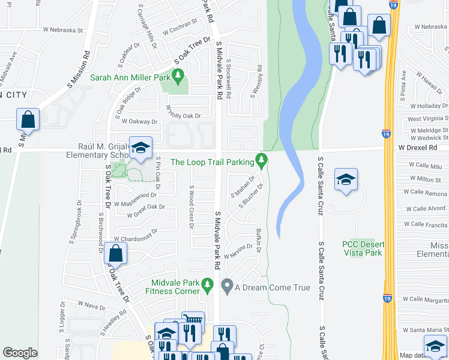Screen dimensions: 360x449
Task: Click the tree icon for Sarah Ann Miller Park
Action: point(177,76)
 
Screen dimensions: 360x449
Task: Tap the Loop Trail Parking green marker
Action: point(261,160)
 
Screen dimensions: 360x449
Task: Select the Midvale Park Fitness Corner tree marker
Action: point(208,284)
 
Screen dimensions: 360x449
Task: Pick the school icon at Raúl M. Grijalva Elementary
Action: point(140,148)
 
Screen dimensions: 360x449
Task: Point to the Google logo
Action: point(20,352)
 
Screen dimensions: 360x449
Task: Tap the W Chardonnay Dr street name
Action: point(137,234)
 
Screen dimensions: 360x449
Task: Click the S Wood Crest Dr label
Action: point(190,207)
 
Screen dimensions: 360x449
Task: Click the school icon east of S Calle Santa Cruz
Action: point(346,180)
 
